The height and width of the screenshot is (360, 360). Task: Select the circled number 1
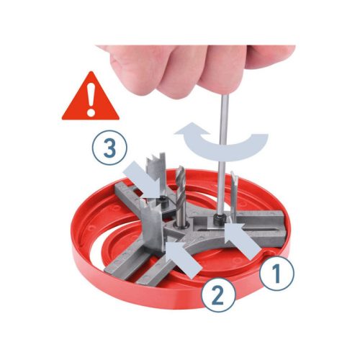(x=277, y=274)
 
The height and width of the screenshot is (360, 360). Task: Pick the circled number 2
(x=218, y=295)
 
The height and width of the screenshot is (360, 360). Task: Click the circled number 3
(x=109, y=148)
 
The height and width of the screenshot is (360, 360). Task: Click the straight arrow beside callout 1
(x=243, y=240)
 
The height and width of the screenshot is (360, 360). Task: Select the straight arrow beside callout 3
(x=142, y=180)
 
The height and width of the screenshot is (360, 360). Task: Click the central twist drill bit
(x=180, y=196)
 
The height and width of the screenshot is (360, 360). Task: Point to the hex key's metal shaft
(x=222, y=153)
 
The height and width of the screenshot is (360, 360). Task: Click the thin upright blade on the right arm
(x=233, y=192)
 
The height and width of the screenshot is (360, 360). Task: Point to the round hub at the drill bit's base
(x=181, y=227)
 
